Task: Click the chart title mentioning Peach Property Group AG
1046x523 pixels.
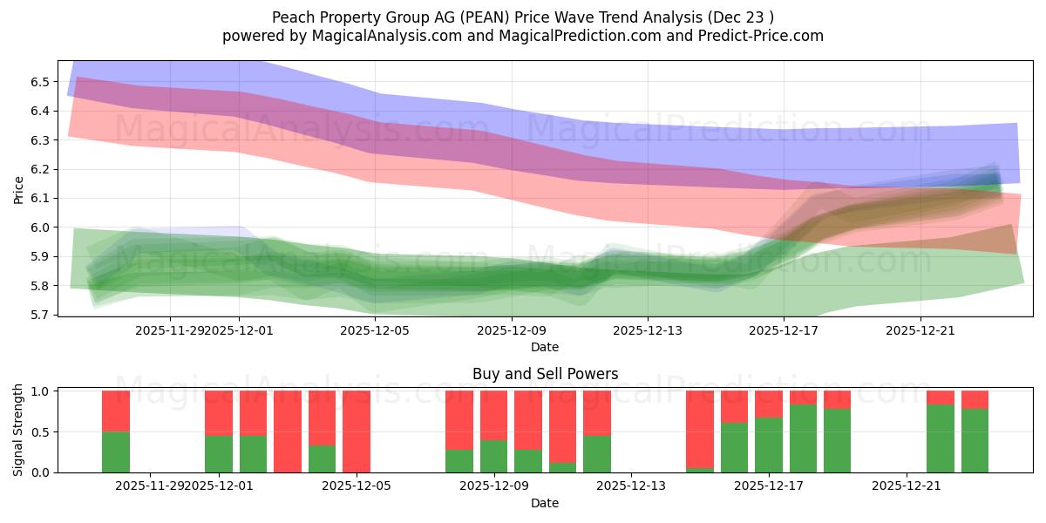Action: (523, 17)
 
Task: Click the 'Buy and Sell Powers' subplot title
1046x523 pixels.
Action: (545, 374)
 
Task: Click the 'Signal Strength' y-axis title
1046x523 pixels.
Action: (19, 430)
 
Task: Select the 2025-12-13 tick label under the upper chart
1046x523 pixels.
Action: (648, 330)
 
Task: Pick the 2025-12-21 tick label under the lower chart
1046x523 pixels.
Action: (907, 486)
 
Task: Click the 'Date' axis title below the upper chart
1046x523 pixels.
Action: (545, 347)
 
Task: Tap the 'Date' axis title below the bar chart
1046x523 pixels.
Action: (545, 503)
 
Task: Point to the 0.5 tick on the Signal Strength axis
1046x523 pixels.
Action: (41, 432)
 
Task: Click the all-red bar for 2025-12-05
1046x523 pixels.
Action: (357, 431)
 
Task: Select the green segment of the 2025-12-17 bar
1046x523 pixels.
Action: (769, 445)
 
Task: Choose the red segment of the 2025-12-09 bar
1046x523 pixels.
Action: (494, 415)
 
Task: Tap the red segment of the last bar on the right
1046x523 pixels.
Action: (975, 399)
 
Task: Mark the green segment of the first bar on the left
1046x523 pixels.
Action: (116, 452)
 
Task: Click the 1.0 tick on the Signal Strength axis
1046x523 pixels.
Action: (41, 391)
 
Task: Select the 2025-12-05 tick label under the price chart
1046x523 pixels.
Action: (375, 330)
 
